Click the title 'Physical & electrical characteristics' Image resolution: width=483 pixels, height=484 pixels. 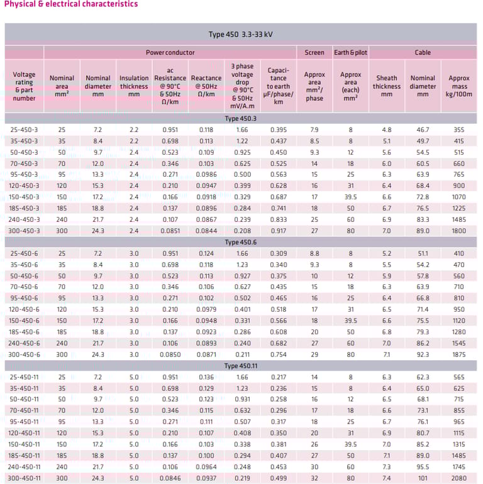(x=71, y=4)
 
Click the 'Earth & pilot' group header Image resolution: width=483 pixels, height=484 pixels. (x=350, y=53)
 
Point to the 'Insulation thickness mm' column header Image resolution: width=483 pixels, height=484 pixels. (x=134, y=86)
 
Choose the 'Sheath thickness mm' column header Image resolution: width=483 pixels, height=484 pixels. (x=386, y=86)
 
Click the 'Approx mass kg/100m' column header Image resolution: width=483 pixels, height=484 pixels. (x=458, y=86)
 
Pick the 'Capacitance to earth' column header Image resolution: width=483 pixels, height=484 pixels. (x=278, y=86)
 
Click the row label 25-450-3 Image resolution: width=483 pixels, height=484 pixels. (x=25, y=129)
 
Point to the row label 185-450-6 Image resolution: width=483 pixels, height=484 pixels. (x=25, y=333)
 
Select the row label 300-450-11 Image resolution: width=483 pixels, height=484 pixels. (x=25, y=478)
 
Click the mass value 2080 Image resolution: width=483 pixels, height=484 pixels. (x=458, y=478)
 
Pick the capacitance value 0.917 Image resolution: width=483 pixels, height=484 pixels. (x=278, y=231)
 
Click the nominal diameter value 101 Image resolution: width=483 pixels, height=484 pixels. (x=423, y=478)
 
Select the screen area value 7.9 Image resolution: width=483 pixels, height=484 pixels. (x=314, y=129)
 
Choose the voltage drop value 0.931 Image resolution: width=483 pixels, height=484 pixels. (x=242, y=399)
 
